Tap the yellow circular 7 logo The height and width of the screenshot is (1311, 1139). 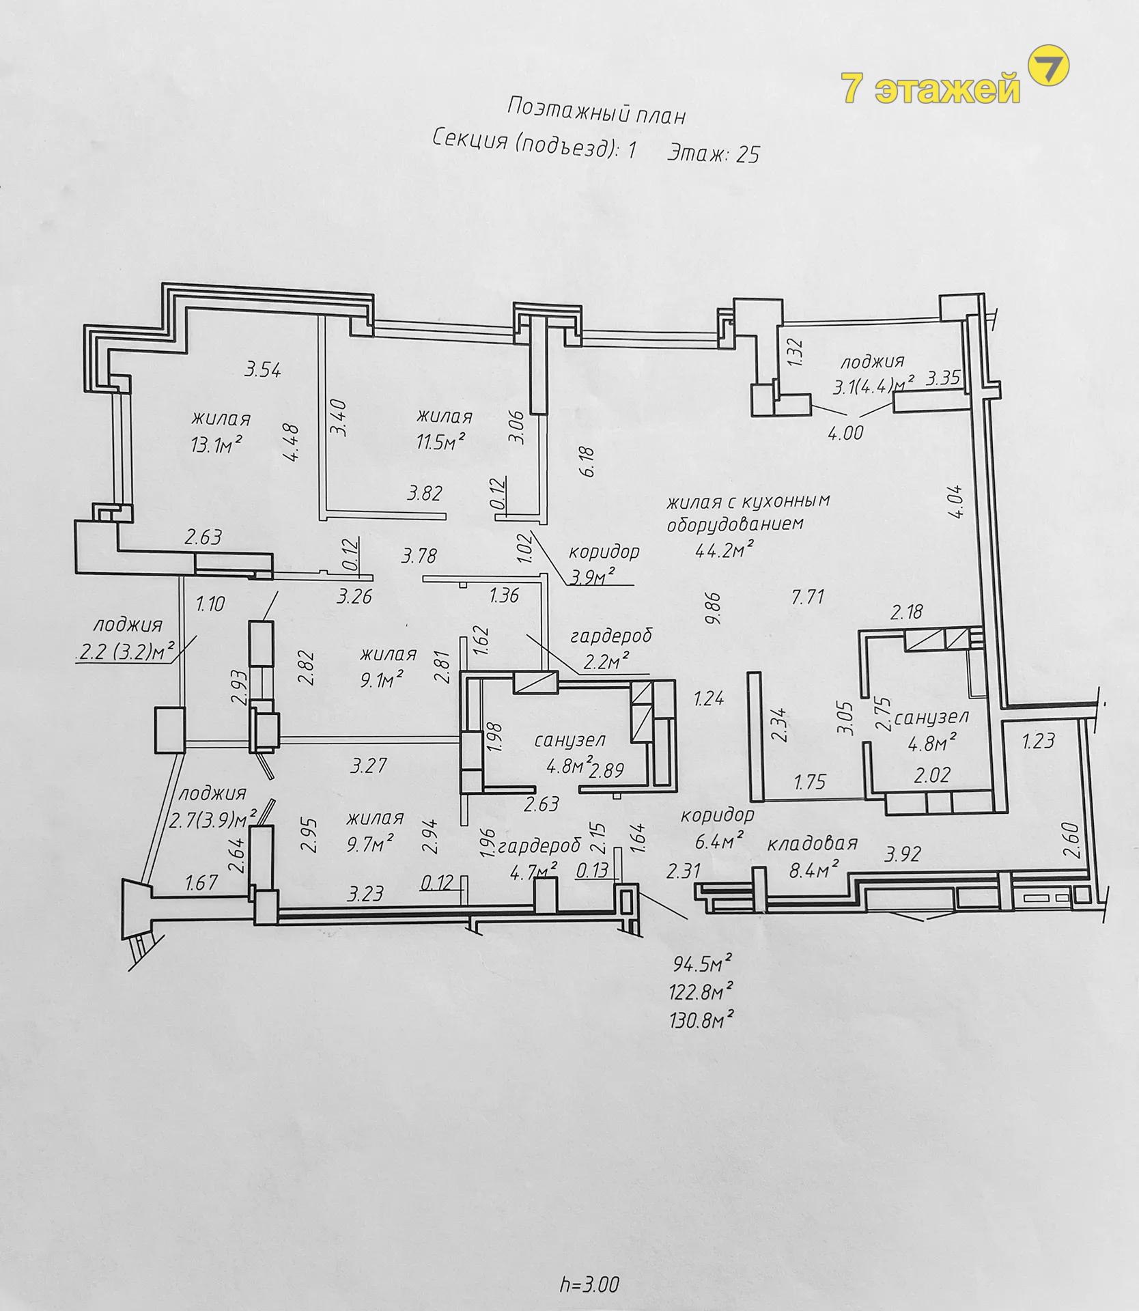click(1048, 66)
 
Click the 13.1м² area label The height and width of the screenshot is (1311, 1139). click(217, 445)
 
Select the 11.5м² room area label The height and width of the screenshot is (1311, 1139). click(440, 442)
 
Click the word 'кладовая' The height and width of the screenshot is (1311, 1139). click(812, 843)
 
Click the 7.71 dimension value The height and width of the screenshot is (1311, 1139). click(808, 597)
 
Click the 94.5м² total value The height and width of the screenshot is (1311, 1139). click(702, 964)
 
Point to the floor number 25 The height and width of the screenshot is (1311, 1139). click(747, 154)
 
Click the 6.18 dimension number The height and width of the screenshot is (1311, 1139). click(588, 462)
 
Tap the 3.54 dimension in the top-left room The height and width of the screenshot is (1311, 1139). click(263, 370)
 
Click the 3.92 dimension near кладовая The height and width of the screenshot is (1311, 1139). click(903, 854)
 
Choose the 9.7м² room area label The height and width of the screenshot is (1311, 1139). click(369, 844)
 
